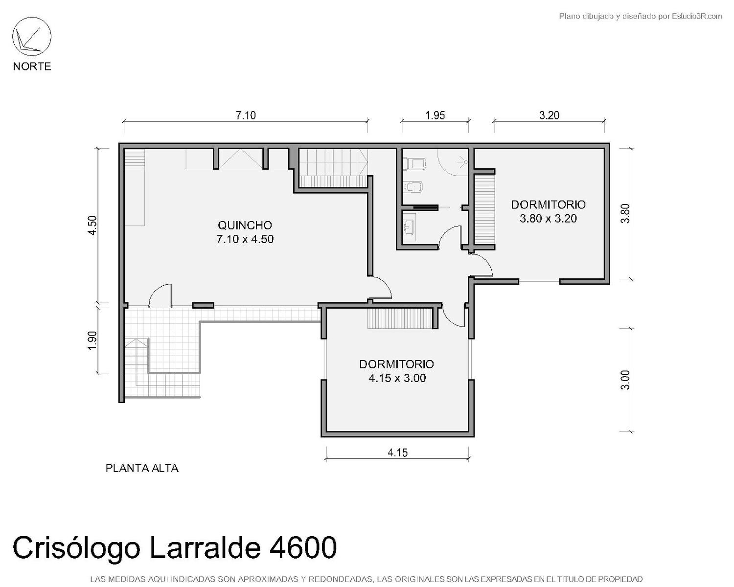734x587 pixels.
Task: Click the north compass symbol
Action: point(32,37)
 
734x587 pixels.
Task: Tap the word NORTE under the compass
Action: point(32,67)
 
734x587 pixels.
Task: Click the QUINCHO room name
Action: point(245,225)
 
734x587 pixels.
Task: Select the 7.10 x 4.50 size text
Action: point(245,239)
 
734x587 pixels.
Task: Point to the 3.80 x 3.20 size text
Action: point(548,218)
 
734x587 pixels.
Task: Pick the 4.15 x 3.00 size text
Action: point(397,378)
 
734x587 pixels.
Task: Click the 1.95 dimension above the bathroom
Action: point(435,115)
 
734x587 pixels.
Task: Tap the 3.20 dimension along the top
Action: point(549,115)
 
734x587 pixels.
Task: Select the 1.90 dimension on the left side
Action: point(92,340)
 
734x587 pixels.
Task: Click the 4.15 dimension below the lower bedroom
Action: point(397,452)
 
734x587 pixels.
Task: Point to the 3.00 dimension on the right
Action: point(625,380)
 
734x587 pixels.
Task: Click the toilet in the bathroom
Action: point(414,164)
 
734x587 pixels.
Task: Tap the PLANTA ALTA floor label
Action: point(142,468)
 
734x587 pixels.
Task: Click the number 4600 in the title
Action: point(303,547)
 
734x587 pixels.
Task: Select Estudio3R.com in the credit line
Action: point(697,16)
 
